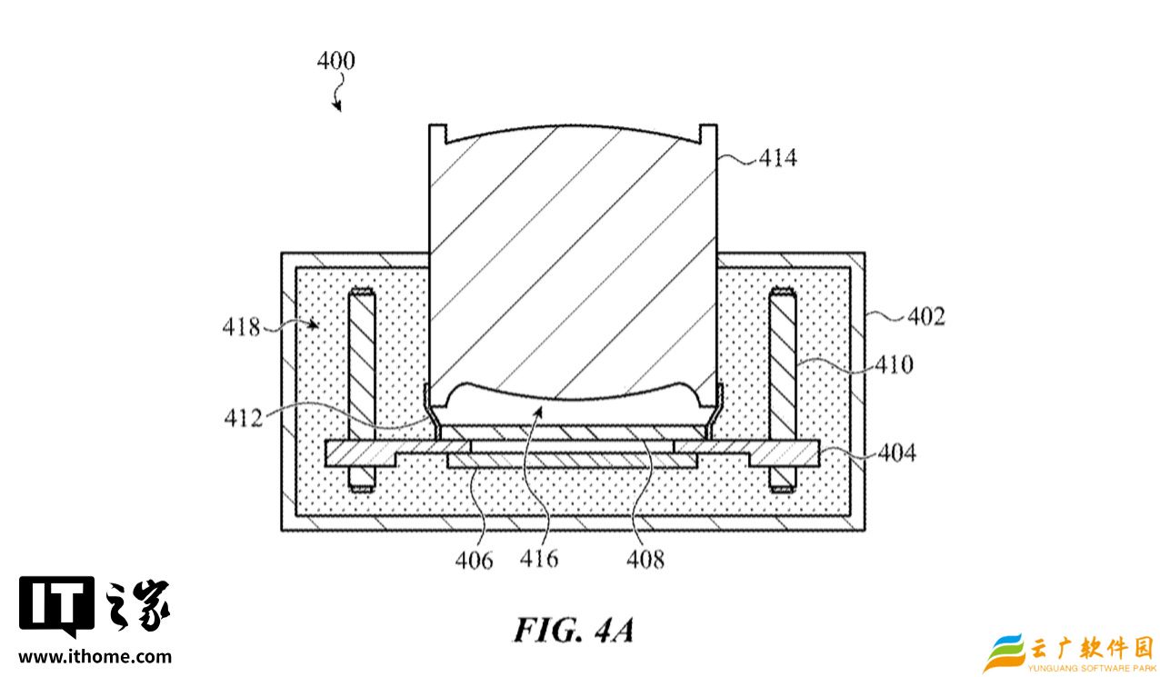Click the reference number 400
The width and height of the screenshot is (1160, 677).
point(336,61)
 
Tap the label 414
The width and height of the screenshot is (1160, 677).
point(777,157)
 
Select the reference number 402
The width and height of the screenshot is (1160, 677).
point(926,316)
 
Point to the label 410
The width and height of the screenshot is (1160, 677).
point(895,364)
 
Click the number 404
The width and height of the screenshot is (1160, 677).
point(897,453)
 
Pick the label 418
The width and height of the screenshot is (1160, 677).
point(241,327)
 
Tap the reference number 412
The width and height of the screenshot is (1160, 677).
point(244,418)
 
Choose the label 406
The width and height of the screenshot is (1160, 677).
point(474,561)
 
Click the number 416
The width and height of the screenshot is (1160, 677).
point(539,559)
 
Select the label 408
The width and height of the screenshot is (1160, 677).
point(645,560)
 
